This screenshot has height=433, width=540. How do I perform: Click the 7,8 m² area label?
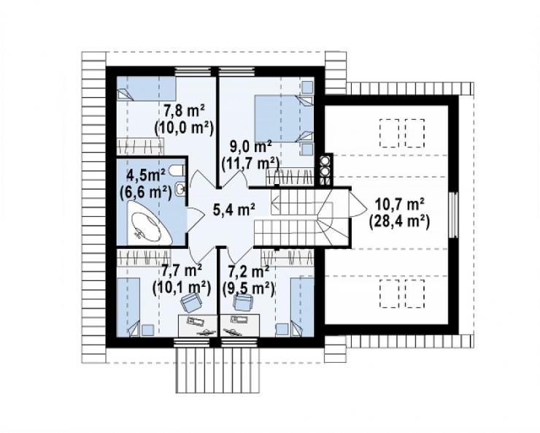(184, 112)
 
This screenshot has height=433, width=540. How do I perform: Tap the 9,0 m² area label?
(251, 147)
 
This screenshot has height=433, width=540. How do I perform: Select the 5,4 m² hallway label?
(234, 209)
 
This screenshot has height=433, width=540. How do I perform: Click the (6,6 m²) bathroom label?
(146, 192)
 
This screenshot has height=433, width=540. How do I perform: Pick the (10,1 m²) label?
(182, 287)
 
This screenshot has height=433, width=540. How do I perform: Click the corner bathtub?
(150, 223)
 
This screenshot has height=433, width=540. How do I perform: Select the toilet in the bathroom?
(178, 170)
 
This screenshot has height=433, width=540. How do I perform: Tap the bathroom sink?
(180, 188)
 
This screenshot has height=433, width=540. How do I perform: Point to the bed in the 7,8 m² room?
(146, 88)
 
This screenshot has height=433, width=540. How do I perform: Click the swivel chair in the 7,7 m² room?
(191, 302)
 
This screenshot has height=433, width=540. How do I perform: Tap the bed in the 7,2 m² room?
(302, 307)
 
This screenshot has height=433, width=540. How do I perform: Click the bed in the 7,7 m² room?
(128, 307)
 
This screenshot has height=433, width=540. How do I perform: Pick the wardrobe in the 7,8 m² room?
(140, 146)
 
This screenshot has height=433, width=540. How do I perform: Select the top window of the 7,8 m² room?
(193, 72)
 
